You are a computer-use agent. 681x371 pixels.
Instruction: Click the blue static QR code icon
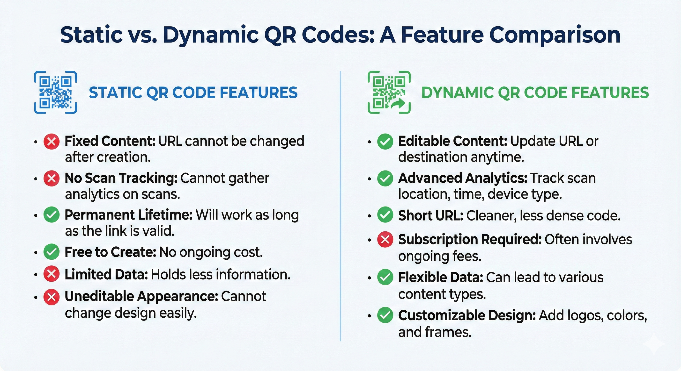coord(56,93)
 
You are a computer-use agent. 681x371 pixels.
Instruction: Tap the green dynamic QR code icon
coord(389,93)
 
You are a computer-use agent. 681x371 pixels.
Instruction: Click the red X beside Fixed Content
coord(51,142)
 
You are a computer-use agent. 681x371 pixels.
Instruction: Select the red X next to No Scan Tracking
coord(51,178)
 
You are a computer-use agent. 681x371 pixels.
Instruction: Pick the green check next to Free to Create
coord(51,252)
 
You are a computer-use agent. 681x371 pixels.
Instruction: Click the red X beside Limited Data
coord(51,274)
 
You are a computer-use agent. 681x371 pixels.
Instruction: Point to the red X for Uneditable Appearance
coord(51,297)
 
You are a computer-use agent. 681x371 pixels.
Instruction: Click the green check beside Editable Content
coord(385,142)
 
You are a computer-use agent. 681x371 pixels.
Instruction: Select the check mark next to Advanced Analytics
coord(385,178)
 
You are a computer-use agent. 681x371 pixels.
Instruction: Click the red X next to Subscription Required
coord(385,239)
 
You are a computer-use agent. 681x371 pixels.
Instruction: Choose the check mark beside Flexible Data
coord(385,277)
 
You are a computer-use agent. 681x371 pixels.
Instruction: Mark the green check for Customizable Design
coord(385,315)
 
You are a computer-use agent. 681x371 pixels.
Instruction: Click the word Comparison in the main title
coord(555,36)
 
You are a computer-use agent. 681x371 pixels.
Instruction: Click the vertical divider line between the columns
coord(340,206)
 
